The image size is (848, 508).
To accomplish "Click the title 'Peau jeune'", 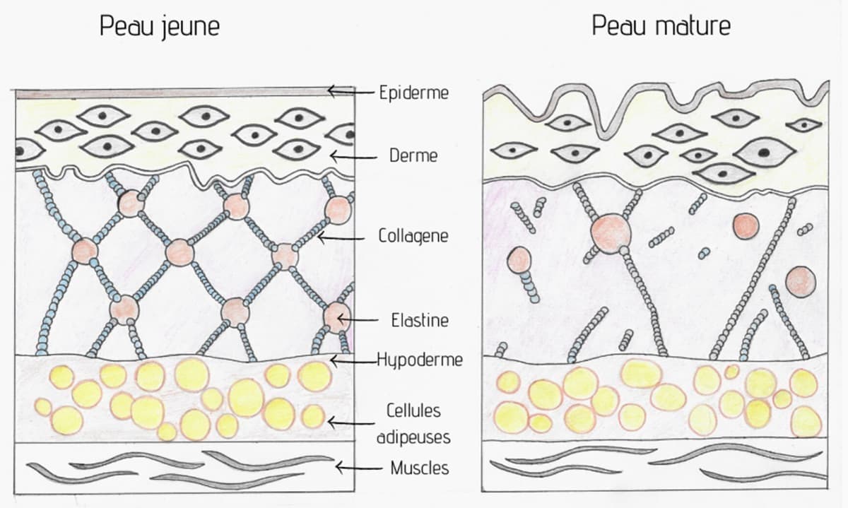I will coord(159,27).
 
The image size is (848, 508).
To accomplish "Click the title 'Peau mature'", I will coord(661,27).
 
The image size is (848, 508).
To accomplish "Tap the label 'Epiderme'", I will coord(413,93).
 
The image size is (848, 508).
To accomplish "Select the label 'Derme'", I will coord(413,155).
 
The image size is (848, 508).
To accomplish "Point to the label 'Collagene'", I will coord(413,237).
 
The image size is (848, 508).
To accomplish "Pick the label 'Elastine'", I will coord(420,320).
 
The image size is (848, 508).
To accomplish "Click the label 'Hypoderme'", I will coord(420,360).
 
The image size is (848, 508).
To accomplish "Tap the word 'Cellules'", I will coord(413,410).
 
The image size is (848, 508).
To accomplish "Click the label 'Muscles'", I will coord(419,468).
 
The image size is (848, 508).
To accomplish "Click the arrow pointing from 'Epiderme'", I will coord(349,90).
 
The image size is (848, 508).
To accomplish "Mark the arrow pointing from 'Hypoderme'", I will coord(353,360).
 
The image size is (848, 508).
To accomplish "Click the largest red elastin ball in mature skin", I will coord(611,231).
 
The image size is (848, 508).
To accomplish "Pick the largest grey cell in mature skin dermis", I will coord(764,152).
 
